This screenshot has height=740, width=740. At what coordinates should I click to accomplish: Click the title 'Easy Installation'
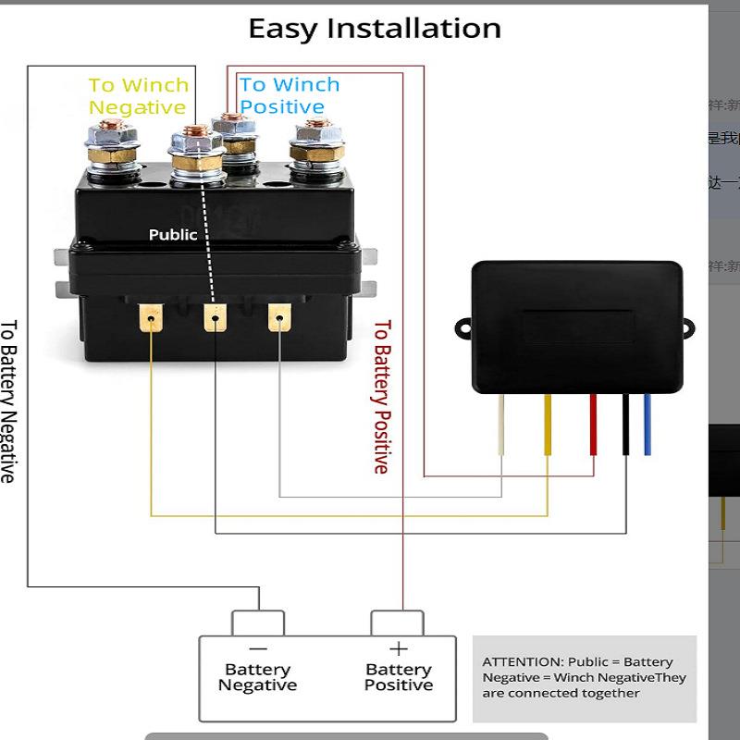click(375, 29)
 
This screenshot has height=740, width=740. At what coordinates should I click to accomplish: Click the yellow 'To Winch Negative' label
click(138, 96)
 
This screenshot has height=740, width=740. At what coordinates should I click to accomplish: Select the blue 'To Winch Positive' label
click(290, 95)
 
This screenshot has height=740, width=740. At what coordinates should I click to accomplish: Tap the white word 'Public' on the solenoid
click(173, 235)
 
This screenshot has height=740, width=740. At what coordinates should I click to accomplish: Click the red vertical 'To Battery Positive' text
click(381, 397)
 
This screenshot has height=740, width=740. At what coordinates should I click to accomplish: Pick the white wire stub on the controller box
click(501, 425)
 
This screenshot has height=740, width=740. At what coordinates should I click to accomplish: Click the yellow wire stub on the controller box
click(548, 425)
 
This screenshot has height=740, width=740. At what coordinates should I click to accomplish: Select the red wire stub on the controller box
click(593, 425)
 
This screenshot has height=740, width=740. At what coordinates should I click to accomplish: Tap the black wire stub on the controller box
click(626, 425)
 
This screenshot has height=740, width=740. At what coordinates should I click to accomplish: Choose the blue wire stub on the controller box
click(647, 425)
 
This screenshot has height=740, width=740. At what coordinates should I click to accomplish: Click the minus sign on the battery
click(258, 649)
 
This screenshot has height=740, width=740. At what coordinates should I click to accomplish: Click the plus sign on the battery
click(399, 649)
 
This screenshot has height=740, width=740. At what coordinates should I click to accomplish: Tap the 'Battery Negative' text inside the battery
click(258, 677)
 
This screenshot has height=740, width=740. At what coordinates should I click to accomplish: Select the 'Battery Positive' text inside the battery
click(399, 677)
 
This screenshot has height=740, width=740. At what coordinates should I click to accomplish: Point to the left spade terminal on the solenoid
click(148, 319)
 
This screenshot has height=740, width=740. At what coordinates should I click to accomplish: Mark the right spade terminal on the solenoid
click(277, 319)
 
